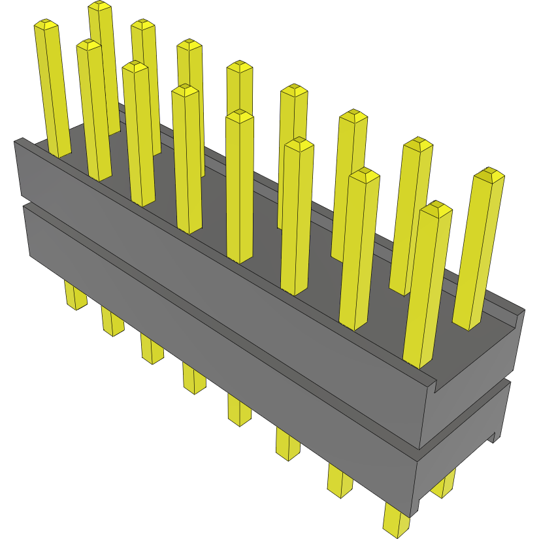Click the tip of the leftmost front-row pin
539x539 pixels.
coord(46,25)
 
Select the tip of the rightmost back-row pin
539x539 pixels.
coord(489,174)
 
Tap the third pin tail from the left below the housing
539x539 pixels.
coord(152,350)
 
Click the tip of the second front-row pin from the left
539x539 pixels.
coord(88,45)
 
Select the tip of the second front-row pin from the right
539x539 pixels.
coord(364,174)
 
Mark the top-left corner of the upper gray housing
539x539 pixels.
coord(20,140)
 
